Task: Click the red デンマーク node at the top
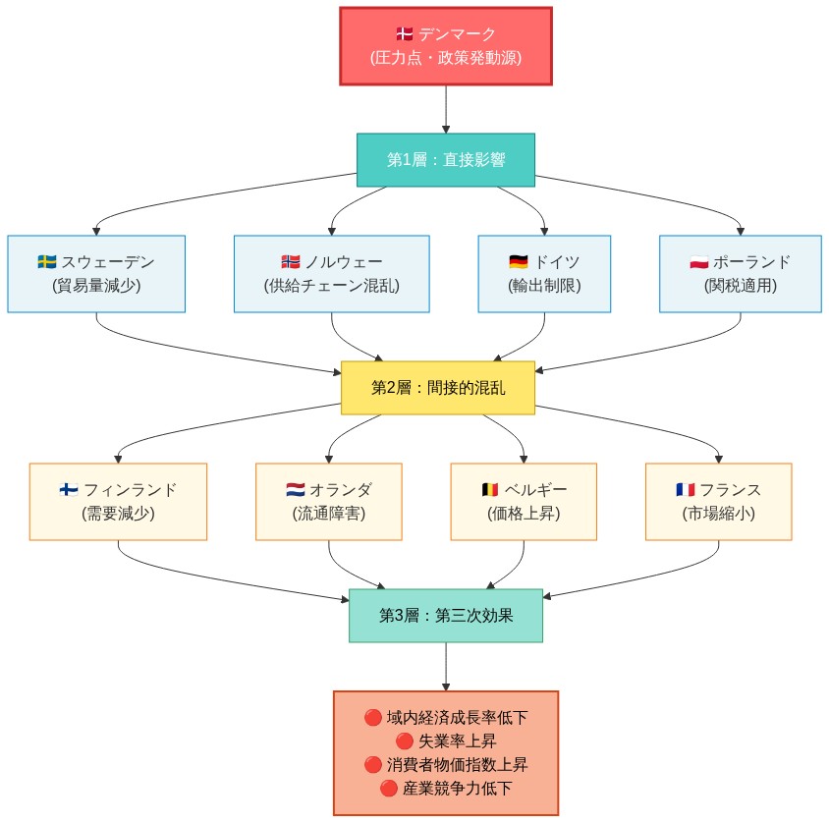pos(446,46)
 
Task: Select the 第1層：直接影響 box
pos(446,160)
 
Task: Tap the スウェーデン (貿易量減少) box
pos(96,274)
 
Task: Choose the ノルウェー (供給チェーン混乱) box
pos(332,274)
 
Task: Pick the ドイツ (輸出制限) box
pos(544,274)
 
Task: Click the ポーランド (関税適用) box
pos(740,274)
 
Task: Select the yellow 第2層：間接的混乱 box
pos(438,388)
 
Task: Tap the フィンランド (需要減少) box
pos(118,501)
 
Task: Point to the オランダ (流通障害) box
pos(328,501)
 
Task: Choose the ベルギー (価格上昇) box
pos(524,501)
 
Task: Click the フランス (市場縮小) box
pos(718,501)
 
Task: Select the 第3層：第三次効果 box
pos(446,616)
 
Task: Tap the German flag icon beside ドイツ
pos(519,262)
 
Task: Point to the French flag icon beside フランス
pos(685,490)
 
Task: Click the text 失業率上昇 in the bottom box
pos(455,741)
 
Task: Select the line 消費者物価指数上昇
pos(455,765)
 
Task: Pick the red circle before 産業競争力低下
pos(388,789)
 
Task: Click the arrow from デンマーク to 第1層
pos(446,109)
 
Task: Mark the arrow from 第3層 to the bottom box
pos(446,667)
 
